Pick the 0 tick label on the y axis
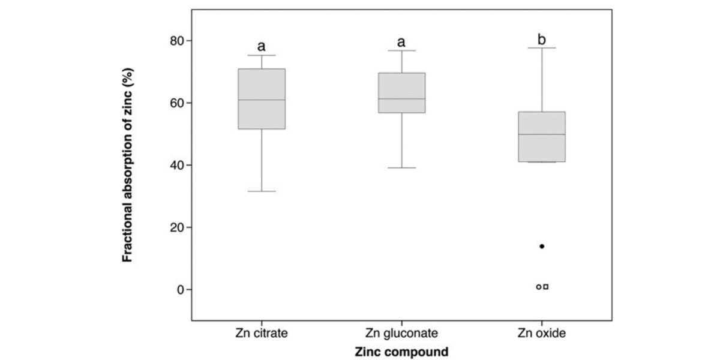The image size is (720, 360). coord(179,290)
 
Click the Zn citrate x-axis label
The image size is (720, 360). coord(261,332)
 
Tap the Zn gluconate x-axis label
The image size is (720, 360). coord(401,332)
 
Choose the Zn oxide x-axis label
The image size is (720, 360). coord(542,332)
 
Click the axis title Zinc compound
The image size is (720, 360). coord(401,352)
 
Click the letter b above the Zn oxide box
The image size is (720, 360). coord(542,40)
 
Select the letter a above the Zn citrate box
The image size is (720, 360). coord(262,46)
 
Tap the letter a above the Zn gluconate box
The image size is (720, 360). coord(401,42)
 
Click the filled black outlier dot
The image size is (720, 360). coord(542,246)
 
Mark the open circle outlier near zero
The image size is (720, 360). coord(539,287)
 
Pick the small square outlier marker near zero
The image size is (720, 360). coord(545,287)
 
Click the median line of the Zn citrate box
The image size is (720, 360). coord(262,100)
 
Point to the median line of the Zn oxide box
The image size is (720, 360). coord(542,134)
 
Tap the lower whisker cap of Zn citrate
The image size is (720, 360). coord(262,191)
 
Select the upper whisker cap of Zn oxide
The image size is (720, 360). coord(542,47)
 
